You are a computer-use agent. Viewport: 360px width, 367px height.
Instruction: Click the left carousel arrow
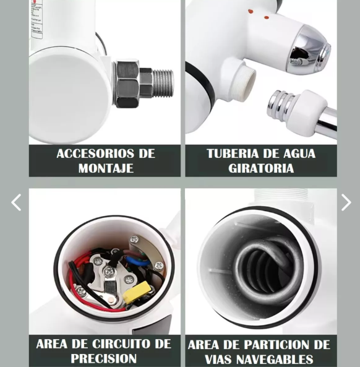click(16, 202)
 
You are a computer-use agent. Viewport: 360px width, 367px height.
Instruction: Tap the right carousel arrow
click(346, 202)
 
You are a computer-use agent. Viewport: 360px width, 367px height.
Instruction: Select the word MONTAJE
click(105, 168)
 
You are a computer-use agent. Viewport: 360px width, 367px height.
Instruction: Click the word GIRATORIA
click(260, 168)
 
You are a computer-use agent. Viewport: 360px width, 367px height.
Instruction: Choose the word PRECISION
click(104, 359)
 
